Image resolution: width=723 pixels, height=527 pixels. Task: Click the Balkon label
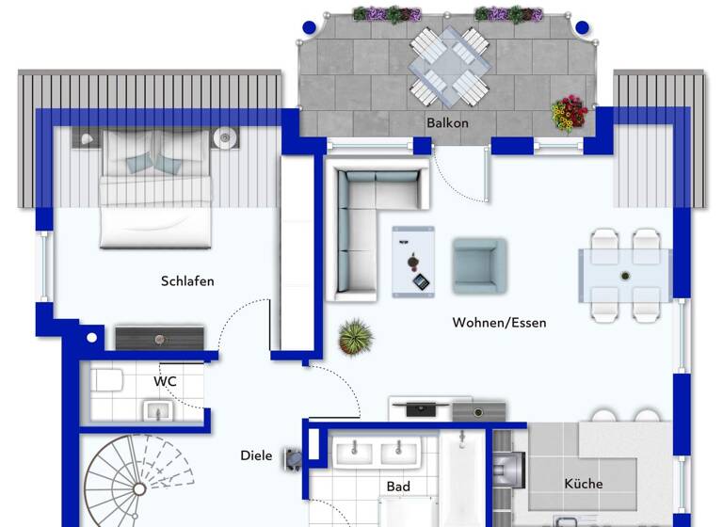[x=447, y=123]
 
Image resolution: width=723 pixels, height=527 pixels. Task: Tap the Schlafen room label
[x=187, y=281]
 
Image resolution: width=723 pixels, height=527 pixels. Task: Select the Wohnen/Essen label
[x=499, y=323]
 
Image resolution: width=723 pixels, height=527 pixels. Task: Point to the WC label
[x=165, y=381]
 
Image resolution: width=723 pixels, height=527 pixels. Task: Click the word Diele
[x=256, y=455]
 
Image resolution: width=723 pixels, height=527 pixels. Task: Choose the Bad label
[x=398, y=487]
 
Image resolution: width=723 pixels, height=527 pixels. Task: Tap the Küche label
[x=584, y=484]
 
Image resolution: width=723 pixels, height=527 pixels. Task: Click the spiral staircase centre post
[x=138, y=488]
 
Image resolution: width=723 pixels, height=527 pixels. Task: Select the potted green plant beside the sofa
[x=355, y=336]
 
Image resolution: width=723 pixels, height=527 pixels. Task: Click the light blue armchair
[x=478, y=265]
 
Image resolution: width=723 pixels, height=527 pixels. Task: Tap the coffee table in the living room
[x=413, y=261]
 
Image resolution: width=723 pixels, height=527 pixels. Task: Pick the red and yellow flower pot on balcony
[x=569, y=113]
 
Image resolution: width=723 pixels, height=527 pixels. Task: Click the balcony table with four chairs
[x=449, y=65]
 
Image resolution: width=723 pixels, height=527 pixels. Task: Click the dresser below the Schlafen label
[x=159, y=338]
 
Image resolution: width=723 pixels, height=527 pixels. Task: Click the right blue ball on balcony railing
[x=582, y=27]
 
